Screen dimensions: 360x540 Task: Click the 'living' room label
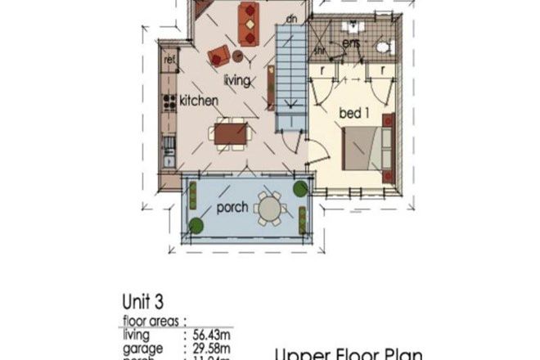click(237, 80)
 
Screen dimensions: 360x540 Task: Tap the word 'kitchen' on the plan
click(199, 101)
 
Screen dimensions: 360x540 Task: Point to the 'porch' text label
click(232, 208)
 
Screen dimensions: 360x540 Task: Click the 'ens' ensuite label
click(352, 42)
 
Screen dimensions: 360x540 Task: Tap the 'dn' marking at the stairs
click(291, 17)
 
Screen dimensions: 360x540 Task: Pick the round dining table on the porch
click(269, 208)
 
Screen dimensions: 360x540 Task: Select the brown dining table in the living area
click(232, 133)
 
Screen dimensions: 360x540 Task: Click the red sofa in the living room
click(248, 21)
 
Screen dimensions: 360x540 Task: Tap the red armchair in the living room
click(218, 56)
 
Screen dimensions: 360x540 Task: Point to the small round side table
click(238, 56)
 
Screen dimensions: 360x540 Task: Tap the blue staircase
click(290, 78)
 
